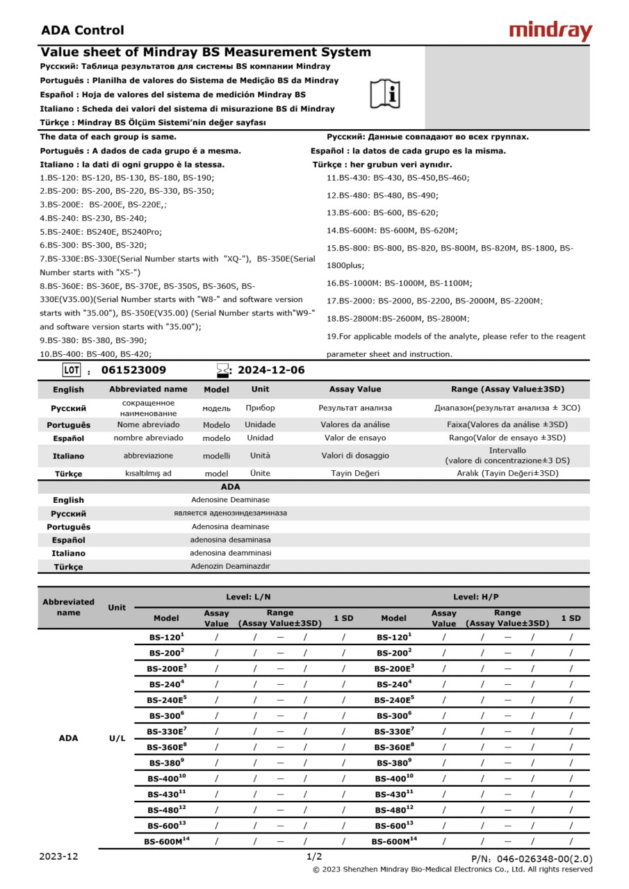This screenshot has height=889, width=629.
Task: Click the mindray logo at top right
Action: (550, 31)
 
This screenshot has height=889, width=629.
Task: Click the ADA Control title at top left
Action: (82, 30)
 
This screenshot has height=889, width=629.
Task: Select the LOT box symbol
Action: (72, 369)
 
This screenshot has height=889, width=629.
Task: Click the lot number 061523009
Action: (133, 370)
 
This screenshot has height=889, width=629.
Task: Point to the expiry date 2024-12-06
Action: (271, 370)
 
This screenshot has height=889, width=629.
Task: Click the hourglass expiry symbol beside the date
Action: (222, 369)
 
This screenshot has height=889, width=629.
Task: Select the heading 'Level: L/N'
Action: (248, 597)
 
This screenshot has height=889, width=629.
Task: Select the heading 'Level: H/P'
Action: (475, 597)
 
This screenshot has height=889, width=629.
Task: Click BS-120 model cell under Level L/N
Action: (166, 636)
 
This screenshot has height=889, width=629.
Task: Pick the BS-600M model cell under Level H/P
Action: (394, 841)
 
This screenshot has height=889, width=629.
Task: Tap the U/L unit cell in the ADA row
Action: (117, 738)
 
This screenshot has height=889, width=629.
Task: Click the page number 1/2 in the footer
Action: (314, 856)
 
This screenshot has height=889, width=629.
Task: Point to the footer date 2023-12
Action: (58, 856)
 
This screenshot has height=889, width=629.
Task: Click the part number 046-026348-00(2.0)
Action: (532, 859)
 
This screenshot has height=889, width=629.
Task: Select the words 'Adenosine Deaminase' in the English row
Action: (230, 499)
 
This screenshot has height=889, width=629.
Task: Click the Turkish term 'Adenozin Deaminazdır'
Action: (230, 566)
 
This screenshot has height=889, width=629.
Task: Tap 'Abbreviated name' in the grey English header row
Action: (148, 389)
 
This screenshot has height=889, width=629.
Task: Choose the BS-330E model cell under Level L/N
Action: (166, 731)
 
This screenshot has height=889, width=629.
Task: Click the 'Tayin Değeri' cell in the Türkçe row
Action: (354, 473)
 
